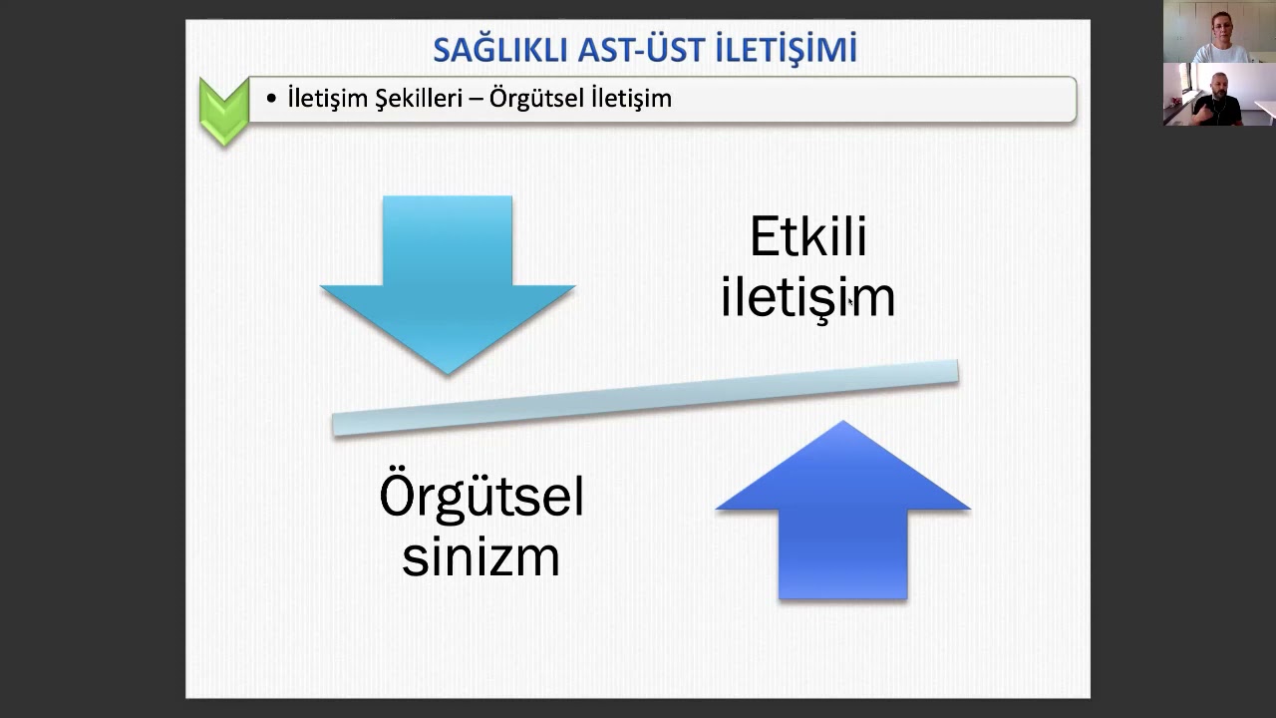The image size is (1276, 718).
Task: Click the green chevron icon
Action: (x=224, y=110)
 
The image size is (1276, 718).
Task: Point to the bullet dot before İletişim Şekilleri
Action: (x=271, y=99)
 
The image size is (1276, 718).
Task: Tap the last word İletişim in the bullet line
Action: (x=631, y=99)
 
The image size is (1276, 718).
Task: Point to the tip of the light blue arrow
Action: (x=448, y=371)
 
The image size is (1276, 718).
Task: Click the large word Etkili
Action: (x=807, y=237)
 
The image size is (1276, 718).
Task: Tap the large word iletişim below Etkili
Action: (x=807, y=297)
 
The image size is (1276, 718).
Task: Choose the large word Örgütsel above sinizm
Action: (x=481, y=496)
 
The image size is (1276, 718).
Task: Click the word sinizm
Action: (x=480, y=555)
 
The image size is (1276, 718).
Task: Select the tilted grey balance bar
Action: (x=645, y=398)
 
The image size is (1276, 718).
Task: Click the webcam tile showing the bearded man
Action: (x=1217, y=95)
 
